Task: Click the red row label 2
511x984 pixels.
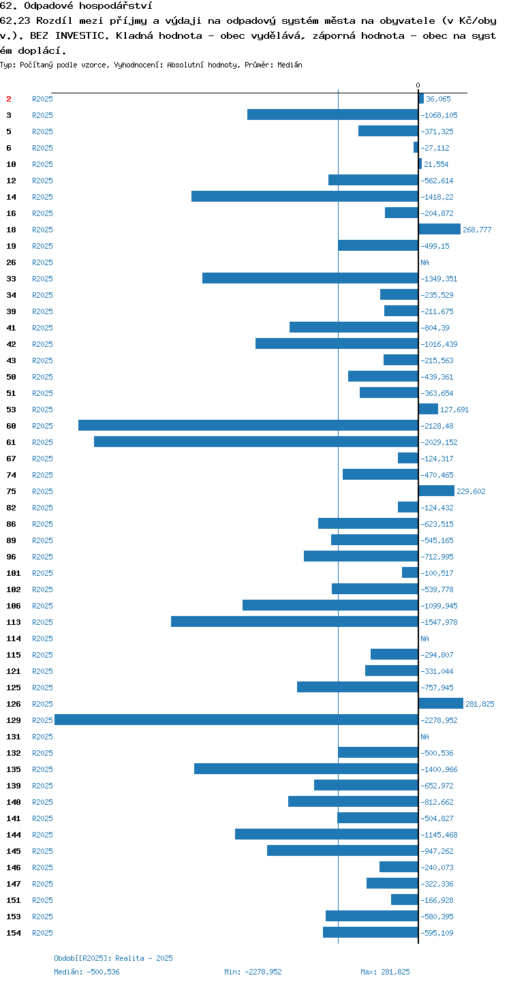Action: [x=9, y=99]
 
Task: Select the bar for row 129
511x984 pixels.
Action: [x=236, y=720]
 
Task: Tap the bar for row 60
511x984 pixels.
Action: [x=248, y=425]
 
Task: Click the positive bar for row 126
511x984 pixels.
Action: [x=441, y=703]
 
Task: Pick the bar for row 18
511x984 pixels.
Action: [x=439, y=229]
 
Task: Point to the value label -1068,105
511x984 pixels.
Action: [x=439, y=115]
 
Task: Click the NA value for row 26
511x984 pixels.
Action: [x=424, y=262]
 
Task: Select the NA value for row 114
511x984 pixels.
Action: [x=424, y=639]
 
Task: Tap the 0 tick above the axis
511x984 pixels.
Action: [x=418, y=85]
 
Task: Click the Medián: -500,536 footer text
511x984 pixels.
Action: [x=87, y=972]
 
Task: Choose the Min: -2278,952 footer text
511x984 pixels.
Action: [x=253, y=972]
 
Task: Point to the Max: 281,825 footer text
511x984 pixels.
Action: [x=385, y=972]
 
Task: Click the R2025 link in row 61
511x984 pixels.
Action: [x=42, y=442]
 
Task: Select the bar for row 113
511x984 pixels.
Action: [x=295, y=621]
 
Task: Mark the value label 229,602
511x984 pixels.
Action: [x=471, y=491]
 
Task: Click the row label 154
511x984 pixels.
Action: [x=14, y=933]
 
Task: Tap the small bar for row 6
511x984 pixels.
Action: [x=416, y=147]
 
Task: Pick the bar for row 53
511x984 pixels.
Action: [x=428, y=409]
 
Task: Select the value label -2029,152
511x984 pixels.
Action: [x=439, y=442]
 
